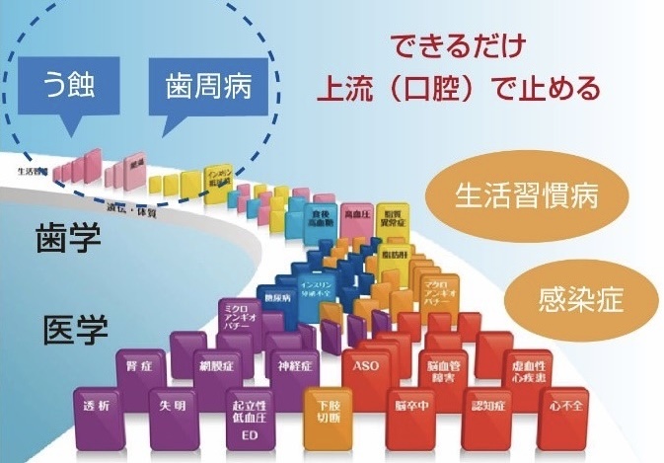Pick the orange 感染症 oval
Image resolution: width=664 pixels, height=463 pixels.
pos(582,299)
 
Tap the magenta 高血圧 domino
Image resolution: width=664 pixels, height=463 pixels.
pos(357,214)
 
